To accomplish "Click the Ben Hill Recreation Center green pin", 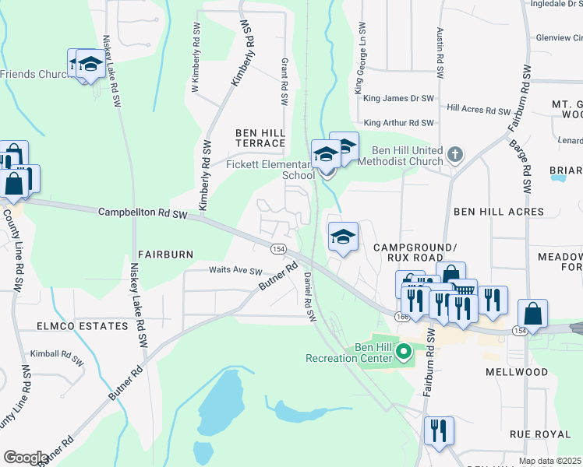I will (x=403, y=353).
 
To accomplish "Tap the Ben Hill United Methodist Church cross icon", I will (x=457, y=154).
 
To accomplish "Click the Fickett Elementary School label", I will (x=270, y=170).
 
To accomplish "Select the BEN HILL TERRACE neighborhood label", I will (x=260, y=139).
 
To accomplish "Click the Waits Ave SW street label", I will (x=235, y=271).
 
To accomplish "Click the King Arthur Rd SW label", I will (x=398, y=123).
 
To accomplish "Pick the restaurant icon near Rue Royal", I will (x=439, y=430).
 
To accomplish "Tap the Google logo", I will (x=25, y=457).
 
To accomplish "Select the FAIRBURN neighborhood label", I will (x=164, y=255).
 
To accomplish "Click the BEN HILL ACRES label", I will (x=498, y=212).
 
